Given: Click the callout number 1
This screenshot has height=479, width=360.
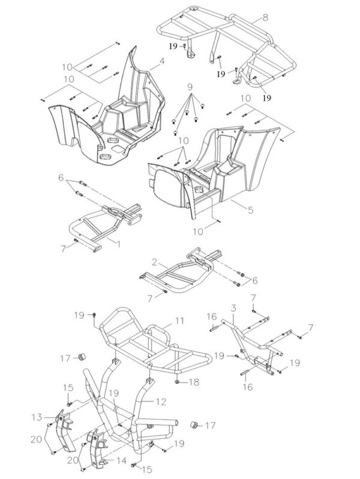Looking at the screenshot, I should [117, 244].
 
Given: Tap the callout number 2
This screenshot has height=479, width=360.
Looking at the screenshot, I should [154, 262].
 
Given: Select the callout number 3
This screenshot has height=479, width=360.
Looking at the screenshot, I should [233, 308].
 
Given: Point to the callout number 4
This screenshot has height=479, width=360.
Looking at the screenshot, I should [161, 61].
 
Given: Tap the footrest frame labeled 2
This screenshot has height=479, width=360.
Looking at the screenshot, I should [186, 273].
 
